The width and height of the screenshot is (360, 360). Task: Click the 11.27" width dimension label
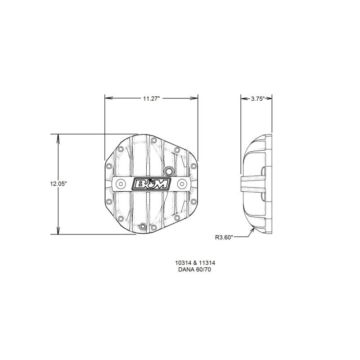[151, 99]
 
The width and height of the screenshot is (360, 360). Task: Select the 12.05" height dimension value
[58, 184]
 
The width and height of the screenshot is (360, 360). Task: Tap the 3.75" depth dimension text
[258, 99]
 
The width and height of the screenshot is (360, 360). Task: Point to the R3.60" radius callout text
[224, 237]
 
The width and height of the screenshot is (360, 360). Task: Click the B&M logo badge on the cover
[151, 184]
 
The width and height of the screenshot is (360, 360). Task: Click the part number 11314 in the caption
[207, 263]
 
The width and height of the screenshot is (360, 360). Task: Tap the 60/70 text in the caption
[203, 270]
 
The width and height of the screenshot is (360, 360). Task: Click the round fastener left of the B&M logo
[121, 184]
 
